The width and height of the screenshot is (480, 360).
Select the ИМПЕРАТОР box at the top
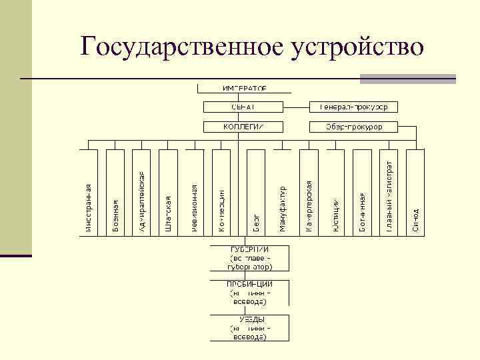[x=244, y=88]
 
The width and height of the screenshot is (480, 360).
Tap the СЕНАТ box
[x=244, y=107]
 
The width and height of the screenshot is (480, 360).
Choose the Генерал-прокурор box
[x=358, y=107]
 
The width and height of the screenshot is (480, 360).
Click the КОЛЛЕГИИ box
[x=244, y=126]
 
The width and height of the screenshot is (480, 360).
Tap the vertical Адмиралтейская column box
[x=142, y=200]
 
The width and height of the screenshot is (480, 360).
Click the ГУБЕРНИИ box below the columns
[x=251, y=257]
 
